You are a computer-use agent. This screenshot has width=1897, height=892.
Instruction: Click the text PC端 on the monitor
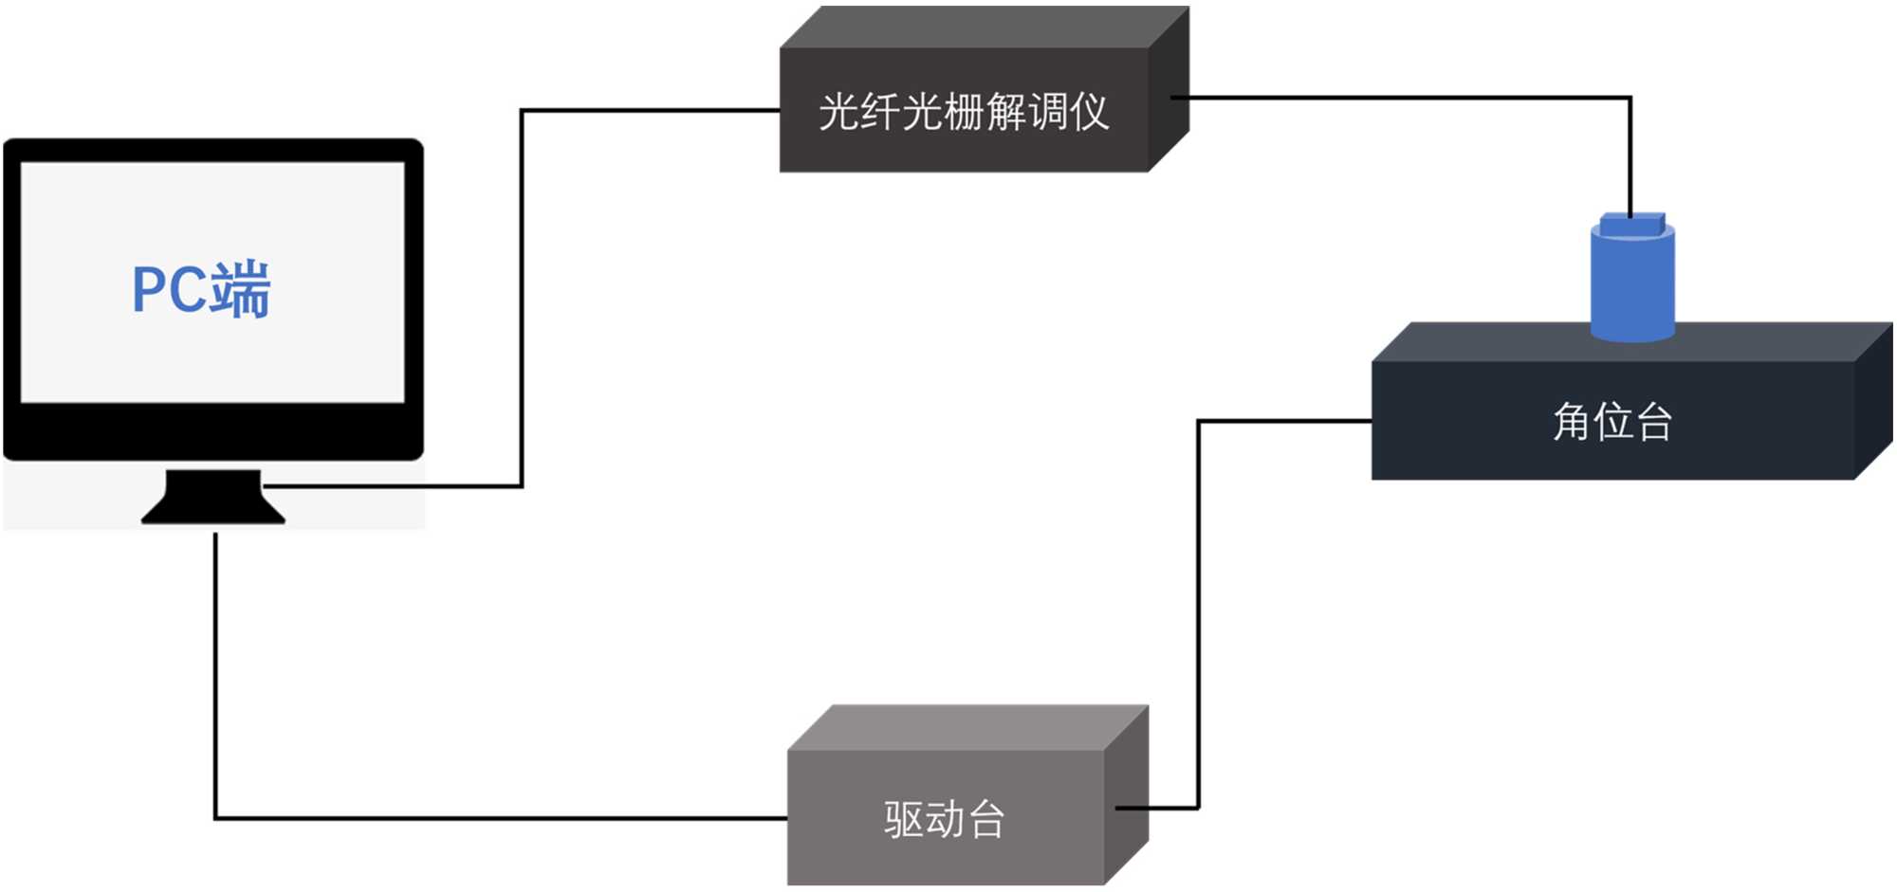click(201, 289)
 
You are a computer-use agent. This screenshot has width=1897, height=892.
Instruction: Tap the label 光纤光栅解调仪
click(963, 112)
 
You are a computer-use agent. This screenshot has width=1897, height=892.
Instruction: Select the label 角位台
click(1612, 422)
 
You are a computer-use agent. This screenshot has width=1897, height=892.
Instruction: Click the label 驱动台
click(944, 820)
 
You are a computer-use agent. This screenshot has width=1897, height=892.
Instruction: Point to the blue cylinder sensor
click(1632, 284)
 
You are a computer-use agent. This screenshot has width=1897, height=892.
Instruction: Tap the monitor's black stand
click(213, 497)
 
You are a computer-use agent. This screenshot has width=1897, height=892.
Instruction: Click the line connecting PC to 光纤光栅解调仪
click(522, 284)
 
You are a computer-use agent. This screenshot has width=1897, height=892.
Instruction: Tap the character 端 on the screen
click(241, 289)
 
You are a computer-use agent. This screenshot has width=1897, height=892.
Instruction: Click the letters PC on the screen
click(169, 289)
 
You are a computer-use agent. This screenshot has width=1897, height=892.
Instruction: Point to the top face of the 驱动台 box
click(967, 727)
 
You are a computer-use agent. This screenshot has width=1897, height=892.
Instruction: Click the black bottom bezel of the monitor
click(213, 432)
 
